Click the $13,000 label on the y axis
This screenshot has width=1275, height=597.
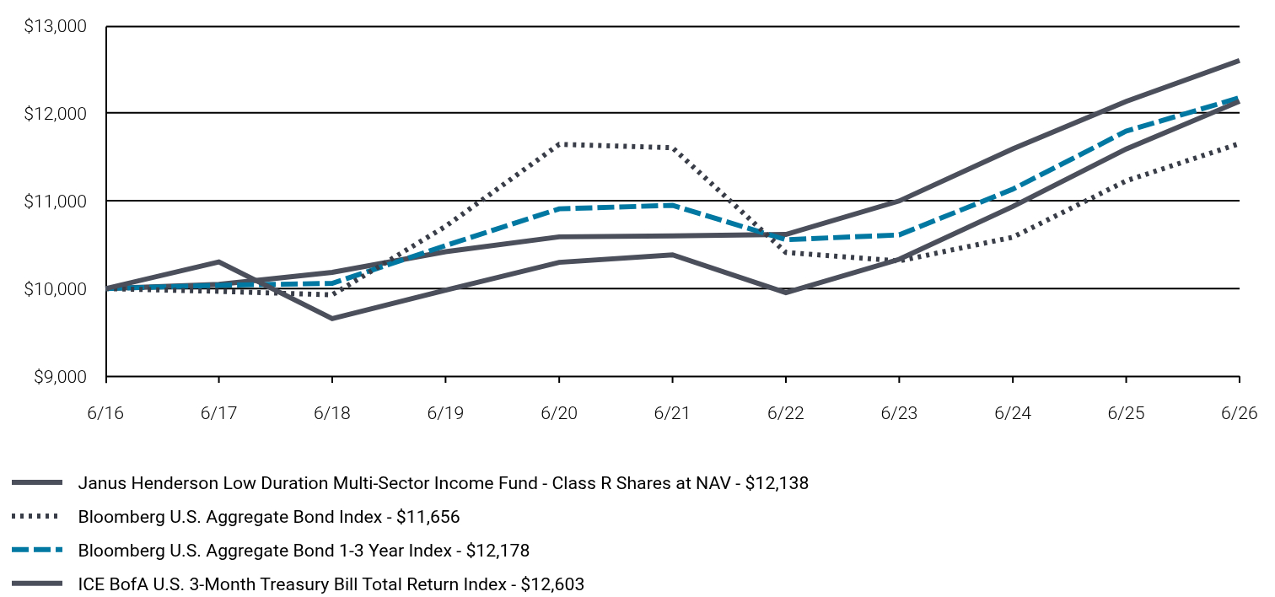point(55,26)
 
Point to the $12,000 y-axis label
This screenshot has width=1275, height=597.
point(55,114)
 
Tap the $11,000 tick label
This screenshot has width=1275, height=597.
point(55,202)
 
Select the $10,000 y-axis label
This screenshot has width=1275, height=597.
point(55,289)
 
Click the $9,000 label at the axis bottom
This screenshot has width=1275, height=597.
point(61,377)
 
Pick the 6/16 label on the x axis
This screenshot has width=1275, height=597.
point(105,412)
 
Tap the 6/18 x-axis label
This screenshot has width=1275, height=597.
point(332,412)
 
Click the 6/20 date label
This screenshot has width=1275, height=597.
point(559,412)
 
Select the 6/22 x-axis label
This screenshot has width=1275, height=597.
point(786,412)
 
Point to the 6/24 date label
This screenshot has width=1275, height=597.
point(1013,412)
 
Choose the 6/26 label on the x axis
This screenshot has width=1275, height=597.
point(1239,412)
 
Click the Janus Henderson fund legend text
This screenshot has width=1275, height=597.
point(443,483)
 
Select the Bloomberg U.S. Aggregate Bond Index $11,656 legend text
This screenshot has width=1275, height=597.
point(269,517)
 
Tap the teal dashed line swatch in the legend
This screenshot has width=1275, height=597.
point(37,550)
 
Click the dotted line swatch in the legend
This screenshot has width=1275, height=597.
point(35,517)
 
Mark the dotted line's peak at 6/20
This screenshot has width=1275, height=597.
point(559,144)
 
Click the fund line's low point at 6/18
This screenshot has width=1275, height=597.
point(332,318)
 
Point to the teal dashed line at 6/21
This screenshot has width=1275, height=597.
point(672,206)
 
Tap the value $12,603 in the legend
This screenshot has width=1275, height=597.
point(552,584)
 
